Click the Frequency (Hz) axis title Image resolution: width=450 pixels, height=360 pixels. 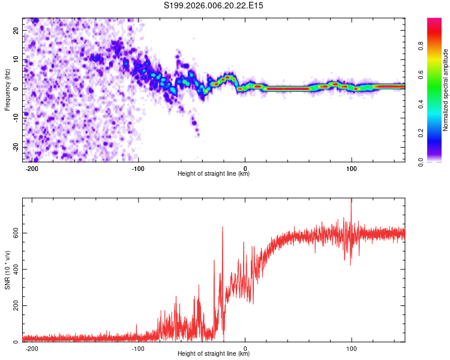(7, 89)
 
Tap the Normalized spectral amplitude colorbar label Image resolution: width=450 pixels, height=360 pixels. (445, 90)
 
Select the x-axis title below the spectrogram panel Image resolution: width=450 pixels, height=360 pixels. (214, 174)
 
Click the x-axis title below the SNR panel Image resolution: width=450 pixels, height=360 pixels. (214, 354)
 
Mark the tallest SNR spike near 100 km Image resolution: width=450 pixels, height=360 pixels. (352, 201)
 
